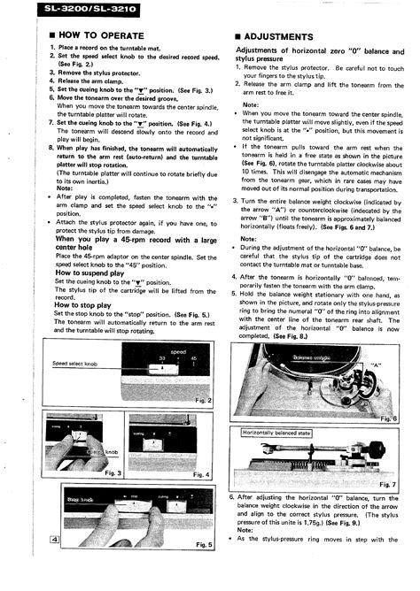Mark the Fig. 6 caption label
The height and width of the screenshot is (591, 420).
click(388, 418)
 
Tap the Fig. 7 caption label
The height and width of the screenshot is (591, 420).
click(388, 483)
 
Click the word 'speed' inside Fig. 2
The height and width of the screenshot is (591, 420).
click(178, 351)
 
